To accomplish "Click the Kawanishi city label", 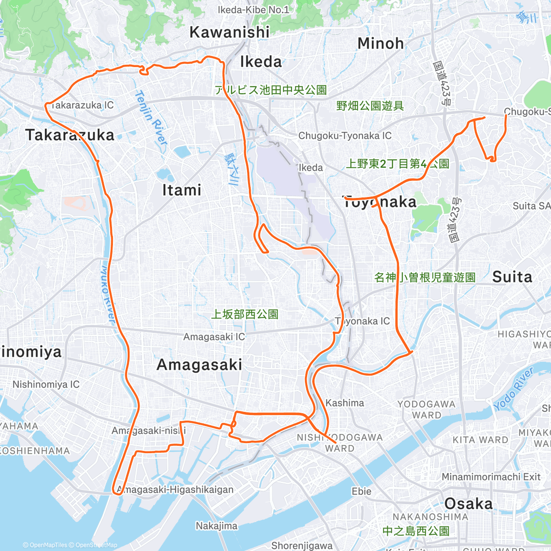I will click(230, 32).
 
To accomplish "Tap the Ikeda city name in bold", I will click(261, 62).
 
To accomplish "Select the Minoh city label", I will click(381, 44).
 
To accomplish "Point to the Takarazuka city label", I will click(70, 135).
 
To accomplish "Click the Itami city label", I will click(182, 190).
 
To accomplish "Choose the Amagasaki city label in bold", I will click(199, 365).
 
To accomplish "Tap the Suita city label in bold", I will click(512, 277).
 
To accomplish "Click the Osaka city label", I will click(468, 504).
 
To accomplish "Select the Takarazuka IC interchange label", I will click(82, 105).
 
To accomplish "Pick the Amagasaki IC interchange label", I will click(214, 337).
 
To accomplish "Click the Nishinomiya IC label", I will click(46, 384).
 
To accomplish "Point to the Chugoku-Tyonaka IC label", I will click(345, 136).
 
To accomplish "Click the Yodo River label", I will click(513, 390).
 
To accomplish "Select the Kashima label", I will click(344, 403).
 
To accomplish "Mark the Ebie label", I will click(361, 491).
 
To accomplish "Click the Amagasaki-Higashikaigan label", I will click(175, 490).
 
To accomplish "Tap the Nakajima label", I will click(216, 526).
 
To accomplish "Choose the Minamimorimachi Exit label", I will click(491, 477).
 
